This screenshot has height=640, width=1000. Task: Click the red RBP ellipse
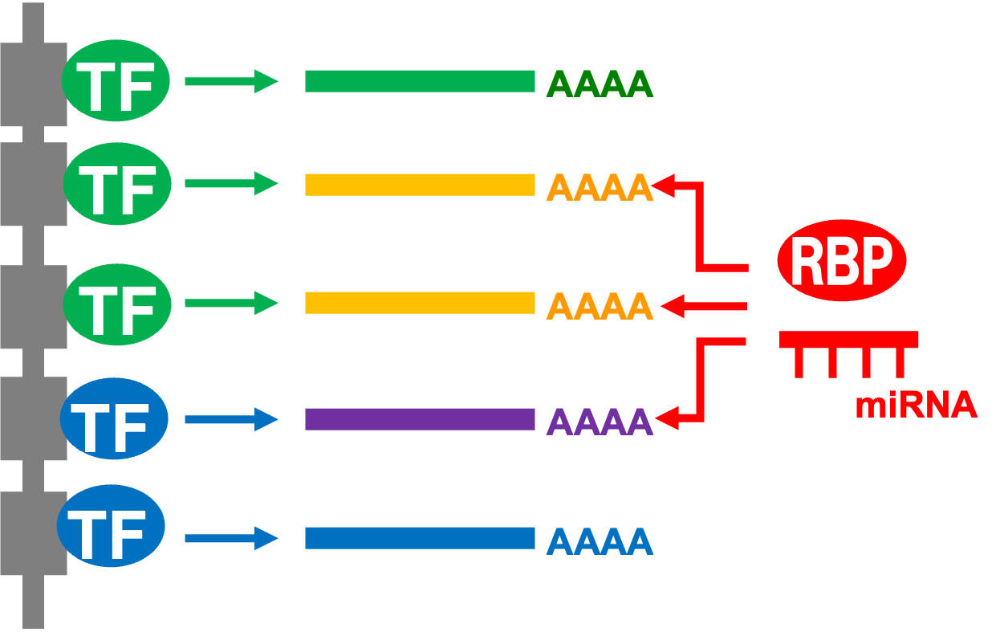pos(841,260)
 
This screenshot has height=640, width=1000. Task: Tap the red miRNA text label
pos(916,405)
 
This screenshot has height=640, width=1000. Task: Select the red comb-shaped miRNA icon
pos(848,340)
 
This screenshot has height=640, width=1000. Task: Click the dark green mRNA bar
pos(419,81)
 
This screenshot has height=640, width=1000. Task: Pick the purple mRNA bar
pos(419,419)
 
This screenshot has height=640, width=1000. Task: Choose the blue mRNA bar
pos(419,538)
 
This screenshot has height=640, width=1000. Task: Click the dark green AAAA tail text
pos(600,84)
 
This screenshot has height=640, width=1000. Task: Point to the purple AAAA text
pos(600,422)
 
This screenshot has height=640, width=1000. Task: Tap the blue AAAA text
pos(600,542)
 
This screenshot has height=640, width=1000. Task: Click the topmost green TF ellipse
pos(116,80)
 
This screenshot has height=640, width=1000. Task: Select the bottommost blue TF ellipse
pos(111,526)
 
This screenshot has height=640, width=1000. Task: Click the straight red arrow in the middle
pos(703,306)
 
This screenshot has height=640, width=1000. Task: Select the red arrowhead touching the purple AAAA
pos(668,418)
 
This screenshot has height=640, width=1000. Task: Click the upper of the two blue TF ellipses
pos(114,418)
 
